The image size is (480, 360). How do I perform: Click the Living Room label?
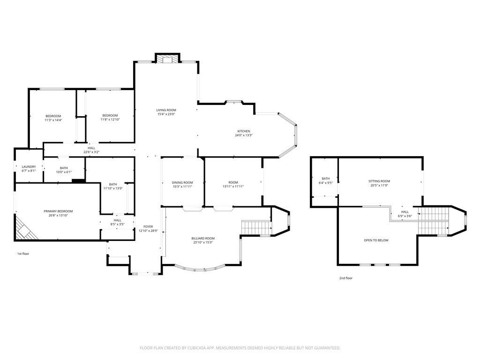pos(166,110)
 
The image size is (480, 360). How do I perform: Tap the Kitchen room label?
pos(243,131)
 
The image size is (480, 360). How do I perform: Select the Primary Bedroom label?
pos(58,211)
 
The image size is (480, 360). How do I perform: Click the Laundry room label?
pos(29,167)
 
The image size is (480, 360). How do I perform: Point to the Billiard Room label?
pos(202,239)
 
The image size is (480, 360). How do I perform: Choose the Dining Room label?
pos(182,182)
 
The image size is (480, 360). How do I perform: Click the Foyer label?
pos(148,227)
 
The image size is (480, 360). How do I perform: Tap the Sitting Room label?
pos(379,181)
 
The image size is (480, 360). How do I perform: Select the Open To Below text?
pos(376,240)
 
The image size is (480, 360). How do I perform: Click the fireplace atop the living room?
pos(167,59)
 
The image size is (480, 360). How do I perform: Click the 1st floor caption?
pos(23,254)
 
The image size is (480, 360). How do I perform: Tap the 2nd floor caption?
pos(345,278)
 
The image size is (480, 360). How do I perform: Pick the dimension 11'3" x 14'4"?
pos(53,120)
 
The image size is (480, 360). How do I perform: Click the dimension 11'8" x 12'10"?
pos(110,120)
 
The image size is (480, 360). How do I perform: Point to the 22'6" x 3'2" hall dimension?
pos(91,152)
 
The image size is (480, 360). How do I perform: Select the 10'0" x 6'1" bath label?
pos(64,172)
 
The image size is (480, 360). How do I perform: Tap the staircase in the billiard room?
pos(256,228)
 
